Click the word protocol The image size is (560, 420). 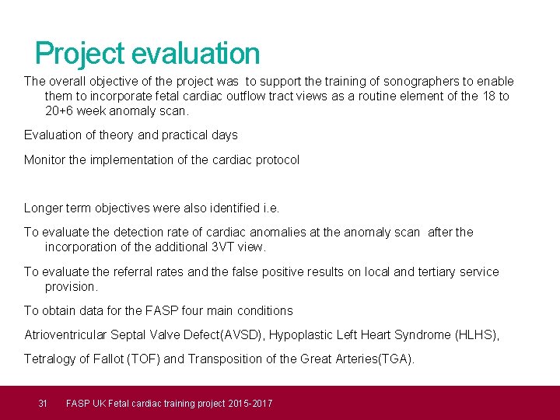point(276,160)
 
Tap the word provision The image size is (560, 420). point(71,286)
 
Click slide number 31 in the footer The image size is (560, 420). point(44,403)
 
